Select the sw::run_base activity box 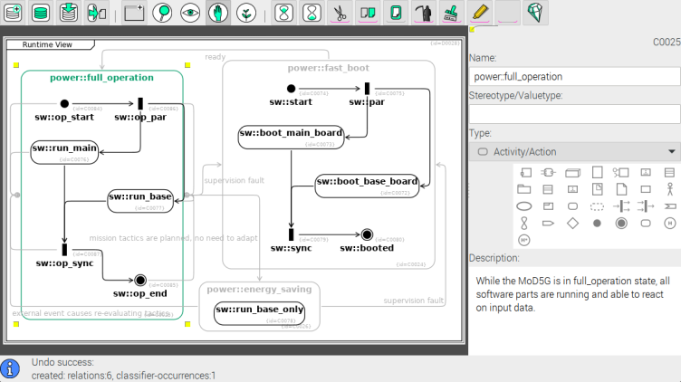140,200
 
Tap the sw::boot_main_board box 291,137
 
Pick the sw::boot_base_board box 367,185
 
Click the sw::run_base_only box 260,312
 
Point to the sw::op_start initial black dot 64,103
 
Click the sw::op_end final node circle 140,280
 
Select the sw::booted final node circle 367,234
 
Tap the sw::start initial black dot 291,89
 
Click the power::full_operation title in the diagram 101,78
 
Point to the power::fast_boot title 328,68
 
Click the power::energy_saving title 259,290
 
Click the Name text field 574,77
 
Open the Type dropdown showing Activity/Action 574,151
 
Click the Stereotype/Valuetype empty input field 574,114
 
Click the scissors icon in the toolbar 339,13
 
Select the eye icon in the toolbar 189,13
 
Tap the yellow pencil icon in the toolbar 480,13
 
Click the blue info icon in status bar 11,368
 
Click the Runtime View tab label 48,44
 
